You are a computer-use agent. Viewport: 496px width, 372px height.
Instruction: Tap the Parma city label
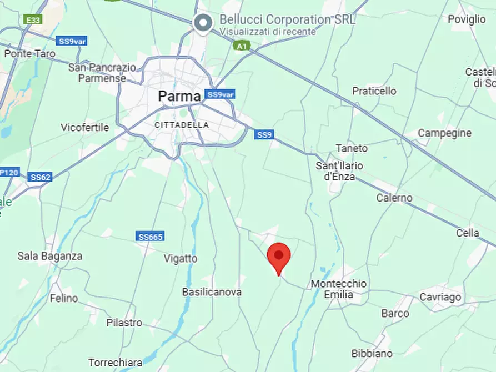click(179, 96)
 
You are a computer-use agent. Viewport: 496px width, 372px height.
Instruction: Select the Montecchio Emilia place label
click(338, 289)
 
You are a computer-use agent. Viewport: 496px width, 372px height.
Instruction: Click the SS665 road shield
click(150, 237)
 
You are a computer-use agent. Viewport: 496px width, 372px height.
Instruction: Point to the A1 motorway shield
click(241, 46)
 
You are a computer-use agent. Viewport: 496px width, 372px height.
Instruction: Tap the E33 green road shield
click(33, 20)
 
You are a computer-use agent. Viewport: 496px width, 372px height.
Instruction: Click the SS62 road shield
click(40, 177)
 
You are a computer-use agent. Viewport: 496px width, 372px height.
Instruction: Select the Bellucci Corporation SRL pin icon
click(203, 22)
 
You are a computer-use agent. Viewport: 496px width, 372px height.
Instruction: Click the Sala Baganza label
click(50, 256)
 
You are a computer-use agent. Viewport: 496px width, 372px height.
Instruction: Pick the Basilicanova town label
click(212, 291)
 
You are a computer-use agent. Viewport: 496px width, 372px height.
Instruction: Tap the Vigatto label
click(181, 258)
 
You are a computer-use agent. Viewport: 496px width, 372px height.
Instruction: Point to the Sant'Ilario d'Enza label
click(339, 171)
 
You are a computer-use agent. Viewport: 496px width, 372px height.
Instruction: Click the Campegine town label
click(444, 133)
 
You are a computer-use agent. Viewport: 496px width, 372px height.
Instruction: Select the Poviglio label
click(467, 19)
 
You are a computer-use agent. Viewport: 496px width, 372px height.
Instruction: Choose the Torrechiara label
click(115, 362)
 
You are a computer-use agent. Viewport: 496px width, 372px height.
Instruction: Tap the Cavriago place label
click(440, 297)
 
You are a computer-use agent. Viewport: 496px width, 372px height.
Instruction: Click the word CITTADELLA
click(182, 125)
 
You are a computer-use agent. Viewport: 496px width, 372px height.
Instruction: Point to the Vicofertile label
click(85, 127)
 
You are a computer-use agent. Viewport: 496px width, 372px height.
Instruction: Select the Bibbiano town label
click(372, 353)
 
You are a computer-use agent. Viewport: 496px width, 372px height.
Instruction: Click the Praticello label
click(374, 91)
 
